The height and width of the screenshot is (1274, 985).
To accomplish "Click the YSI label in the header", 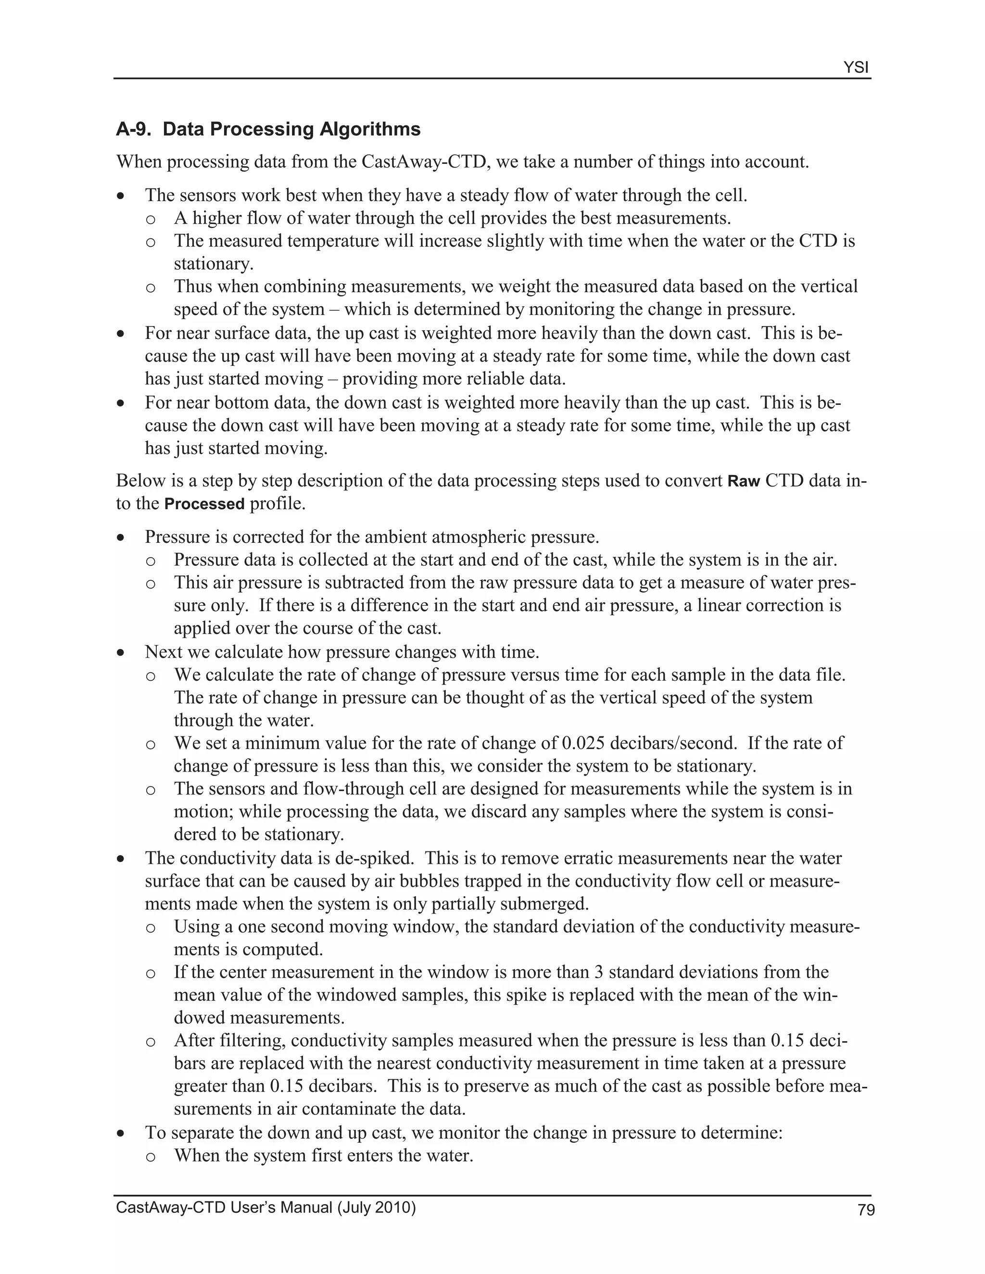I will [x=856, y=68].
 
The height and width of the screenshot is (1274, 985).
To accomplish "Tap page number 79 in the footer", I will [x=866, y=1211].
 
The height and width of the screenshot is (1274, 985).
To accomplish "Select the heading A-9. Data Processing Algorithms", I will [x=268, y=129].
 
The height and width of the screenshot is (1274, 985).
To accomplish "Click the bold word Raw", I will [x=744, y=481].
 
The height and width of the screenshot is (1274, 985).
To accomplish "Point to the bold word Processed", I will [x=204, y=504].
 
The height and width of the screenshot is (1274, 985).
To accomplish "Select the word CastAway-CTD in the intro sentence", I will [x=424, y=162].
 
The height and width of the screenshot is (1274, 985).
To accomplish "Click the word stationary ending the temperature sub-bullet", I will [x=213, y=263].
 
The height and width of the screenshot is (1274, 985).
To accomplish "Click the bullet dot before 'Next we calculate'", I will [x=121, y=653].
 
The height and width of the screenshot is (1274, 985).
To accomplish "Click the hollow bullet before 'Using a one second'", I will [x=151, y=927].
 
